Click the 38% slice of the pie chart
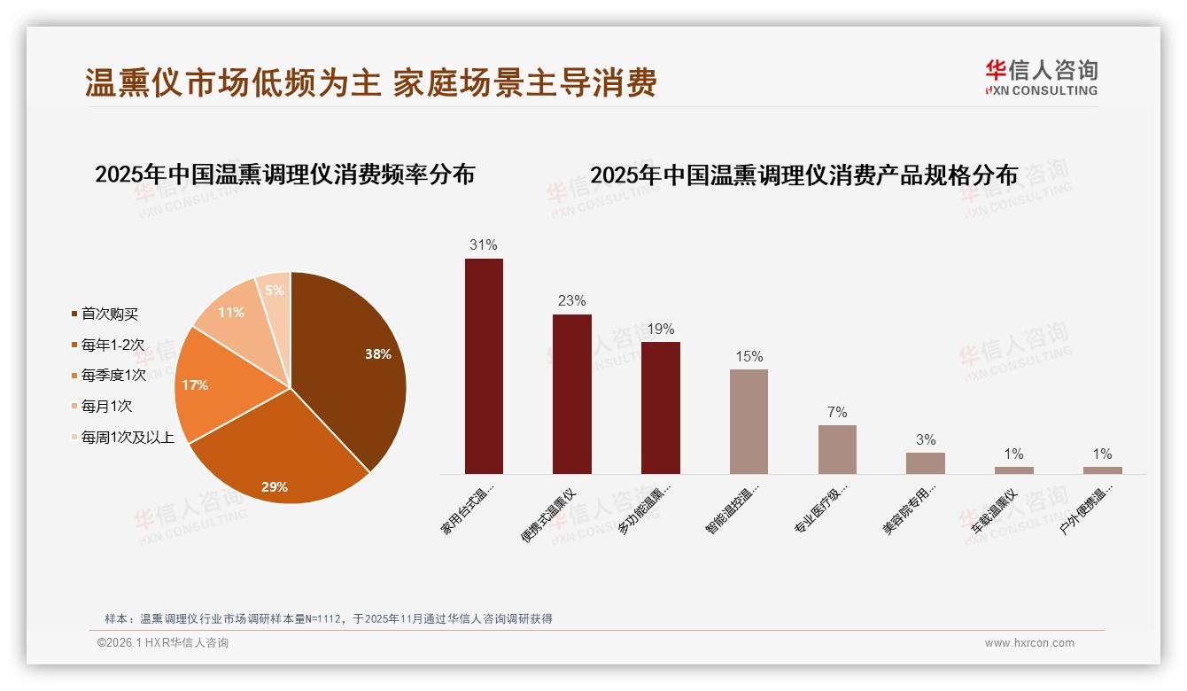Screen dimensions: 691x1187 click(354, 363)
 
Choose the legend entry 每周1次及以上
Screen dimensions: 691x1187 click(128, 437)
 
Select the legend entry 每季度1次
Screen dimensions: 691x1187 click(113, 375)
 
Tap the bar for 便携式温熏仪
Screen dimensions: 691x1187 click(571, 394)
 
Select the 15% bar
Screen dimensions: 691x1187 click(749, 422)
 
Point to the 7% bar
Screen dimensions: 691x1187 click(837, 449)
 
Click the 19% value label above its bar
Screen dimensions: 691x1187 click(660, 329)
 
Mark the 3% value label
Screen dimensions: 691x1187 click(926, 439)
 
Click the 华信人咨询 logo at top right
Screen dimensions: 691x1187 click(1041, 77)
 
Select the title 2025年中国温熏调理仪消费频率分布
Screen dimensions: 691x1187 click(284, 175)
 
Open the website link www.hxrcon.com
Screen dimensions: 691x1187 click(1029, 643)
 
